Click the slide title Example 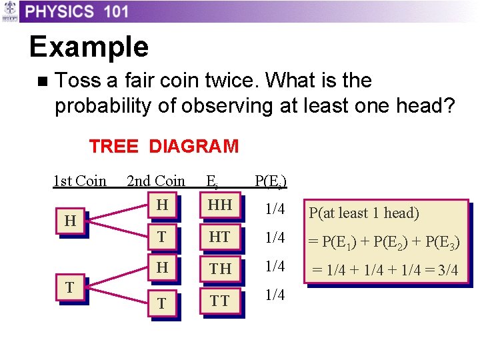coord(89,47)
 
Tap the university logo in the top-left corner coord(9,11)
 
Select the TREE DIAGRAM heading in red coord(163,146)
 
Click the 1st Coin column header coord(80,181)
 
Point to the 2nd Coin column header coord(156,181)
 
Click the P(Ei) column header coord(271,181)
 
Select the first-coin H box coord(70,221)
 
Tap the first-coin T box coord(70,287)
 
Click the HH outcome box coord(220,206)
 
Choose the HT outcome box coord(220,237)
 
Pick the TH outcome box coord(220,268)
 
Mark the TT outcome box coord(220,301)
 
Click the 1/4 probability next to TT coord(275,295)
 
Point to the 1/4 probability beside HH coord(275,209)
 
